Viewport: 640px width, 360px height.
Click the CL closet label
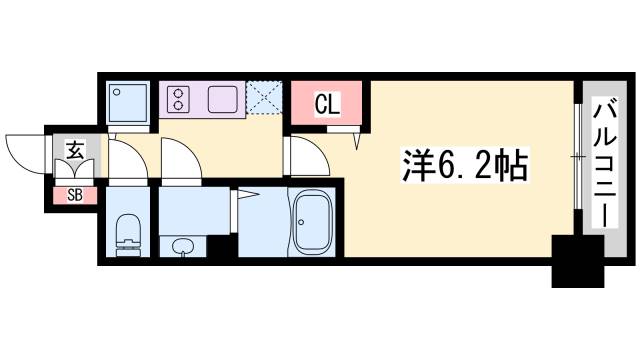click(x=325, y=102)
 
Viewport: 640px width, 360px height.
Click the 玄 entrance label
click(x=75, y=150)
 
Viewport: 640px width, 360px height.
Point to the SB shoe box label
click(x=75, y=195)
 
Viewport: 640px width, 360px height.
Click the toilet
click(x=126, y=233)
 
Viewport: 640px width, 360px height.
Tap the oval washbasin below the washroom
click(x=184, y=246)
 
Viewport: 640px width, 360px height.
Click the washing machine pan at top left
click(x=128, y=100)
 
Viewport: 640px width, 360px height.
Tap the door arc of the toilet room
click(x=124, y=160)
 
